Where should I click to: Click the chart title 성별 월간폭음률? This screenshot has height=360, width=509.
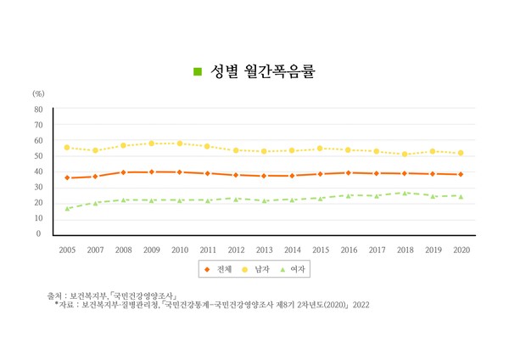coord(263,70)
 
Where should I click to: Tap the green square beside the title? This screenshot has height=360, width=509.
coord(198,71)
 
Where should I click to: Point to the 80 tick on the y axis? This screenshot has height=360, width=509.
coord(38,110)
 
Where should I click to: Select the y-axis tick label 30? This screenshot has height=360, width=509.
coord(38,187)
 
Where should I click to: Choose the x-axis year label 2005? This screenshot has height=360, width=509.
coord(67,250)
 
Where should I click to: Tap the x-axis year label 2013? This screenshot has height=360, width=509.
coord(265,250)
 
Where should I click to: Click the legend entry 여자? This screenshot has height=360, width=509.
coord(296,269)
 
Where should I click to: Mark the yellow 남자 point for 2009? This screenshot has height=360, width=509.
coord(151,143)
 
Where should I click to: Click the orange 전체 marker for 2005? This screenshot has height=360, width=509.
coord(67,177)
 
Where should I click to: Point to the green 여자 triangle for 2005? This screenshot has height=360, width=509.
coord(67,208)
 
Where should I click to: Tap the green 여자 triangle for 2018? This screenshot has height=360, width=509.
coord(405,193)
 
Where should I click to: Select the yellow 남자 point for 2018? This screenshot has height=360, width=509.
coord(405,155)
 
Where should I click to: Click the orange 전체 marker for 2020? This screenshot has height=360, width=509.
coord(461,174)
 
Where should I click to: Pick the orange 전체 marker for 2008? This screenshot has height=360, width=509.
coord(123,172)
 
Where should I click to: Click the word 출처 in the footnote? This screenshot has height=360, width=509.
coord(56,295)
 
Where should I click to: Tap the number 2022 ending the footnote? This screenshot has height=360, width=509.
coord(362,304)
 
